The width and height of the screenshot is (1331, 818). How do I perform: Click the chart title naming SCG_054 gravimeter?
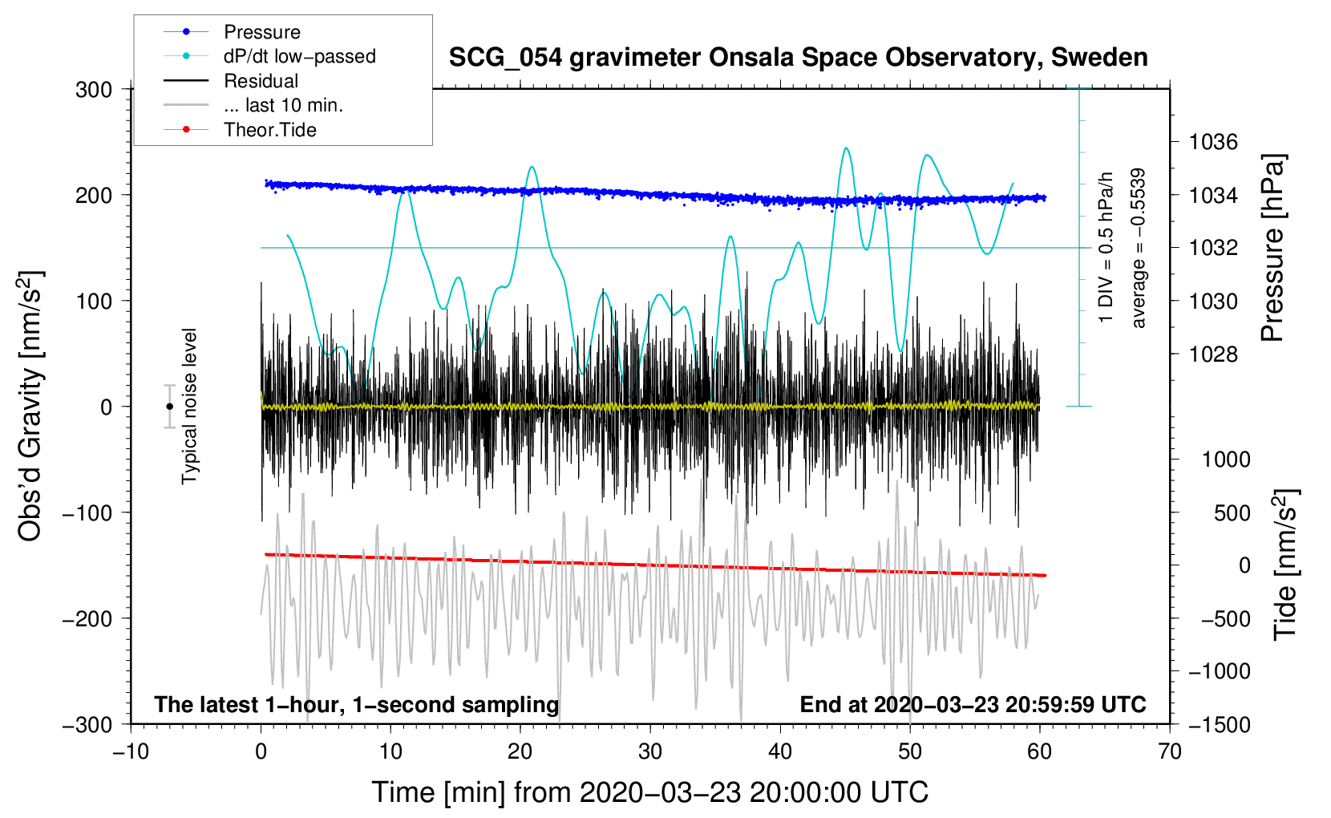tap(798, 58)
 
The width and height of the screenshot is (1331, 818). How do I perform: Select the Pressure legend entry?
tap(261, 32)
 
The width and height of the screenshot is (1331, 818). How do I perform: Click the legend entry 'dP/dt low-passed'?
tap(299, 56)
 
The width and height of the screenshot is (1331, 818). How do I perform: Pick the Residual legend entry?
tap(261, 81)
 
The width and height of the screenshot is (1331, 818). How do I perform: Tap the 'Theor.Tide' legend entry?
tap(269, 130)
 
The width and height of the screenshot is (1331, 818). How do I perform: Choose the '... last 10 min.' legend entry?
tap(283, 105)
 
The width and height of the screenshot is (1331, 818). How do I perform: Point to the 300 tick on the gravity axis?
tap(94, 89)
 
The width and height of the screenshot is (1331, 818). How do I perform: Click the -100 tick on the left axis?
tap(88, 512)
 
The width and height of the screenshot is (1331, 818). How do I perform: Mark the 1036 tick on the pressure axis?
tap(1213, 142)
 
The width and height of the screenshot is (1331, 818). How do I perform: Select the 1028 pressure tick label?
tap(1213, 354)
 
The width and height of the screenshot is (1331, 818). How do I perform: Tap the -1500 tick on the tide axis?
tap(1219, 724)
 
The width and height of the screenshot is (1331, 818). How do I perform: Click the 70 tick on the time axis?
tap(1170, 751)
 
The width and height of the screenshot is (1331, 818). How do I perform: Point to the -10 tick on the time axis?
tap(131, 751)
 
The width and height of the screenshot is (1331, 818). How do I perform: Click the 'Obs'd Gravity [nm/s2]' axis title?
tap(30, 406)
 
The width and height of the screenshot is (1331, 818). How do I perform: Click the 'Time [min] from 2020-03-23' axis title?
tap(649, 792)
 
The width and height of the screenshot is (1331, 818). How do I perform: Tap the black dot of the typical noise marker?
tap(169, 407)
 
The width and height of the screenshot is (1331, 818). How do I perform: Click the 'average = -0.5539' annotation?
tap(1139, 248)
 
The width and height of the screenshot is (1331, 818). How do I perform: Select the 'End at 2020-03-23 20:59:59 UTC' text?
tap(973, 704)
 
